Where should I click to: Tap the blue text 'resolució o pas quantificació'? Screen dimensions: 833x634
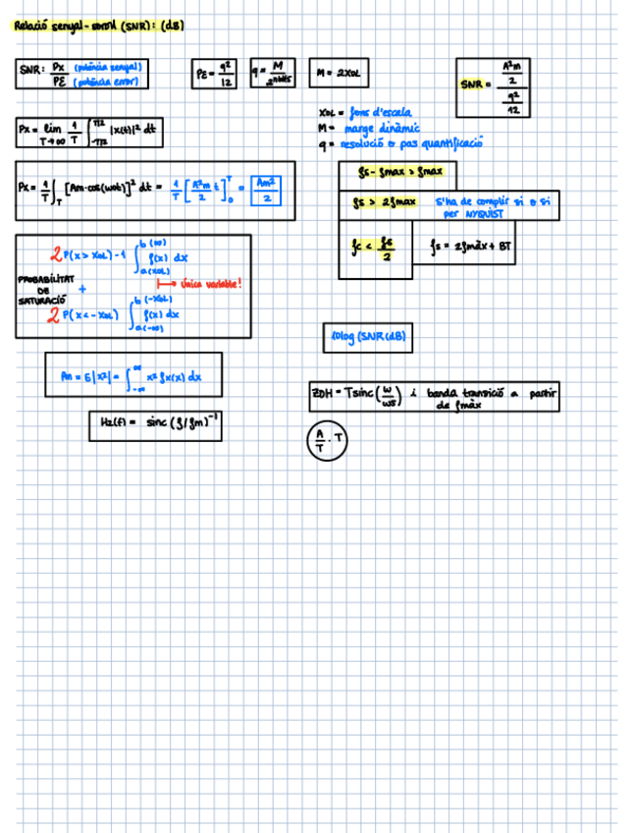(410, 143)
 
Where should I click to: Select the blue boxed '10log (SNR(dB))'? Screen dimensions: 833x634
(366, 338)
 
